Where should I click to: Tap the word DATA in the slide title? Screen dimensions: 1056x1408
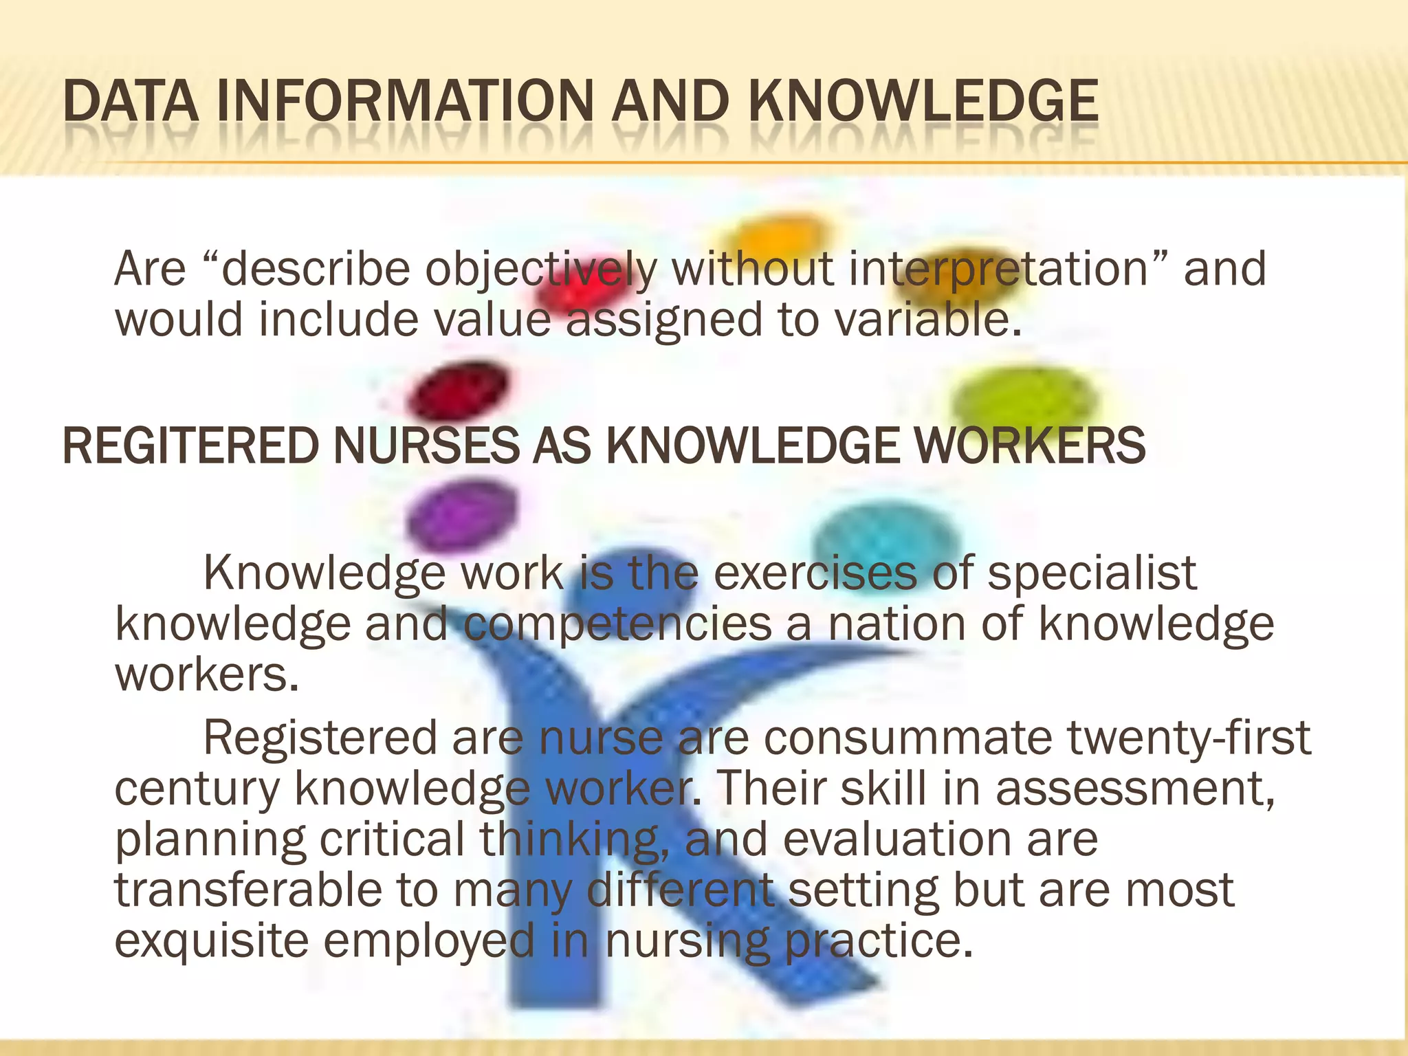[130, 102]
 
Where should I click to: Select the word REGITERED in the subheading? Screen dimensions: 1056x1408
[190, 446]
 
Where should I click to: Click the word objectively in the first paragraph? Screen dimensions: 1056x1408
[540, 269]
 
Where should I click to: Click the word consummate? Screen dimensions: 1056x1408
[907, 738]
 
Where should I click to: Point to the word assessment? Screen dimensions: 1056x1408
[1135, 789]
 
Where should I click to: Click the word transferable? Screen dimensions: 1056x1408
[247, 890]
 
